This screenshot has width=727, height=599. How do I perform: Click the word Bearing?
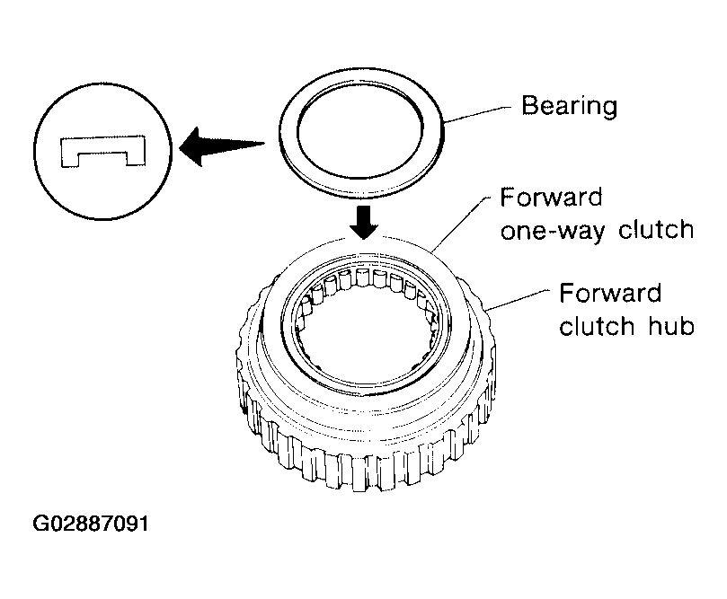pos(570,107)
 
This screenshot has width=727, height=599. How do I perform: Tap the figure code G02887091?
pos(91,524)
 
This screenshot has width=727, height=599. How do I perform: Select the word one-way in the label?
pos(552,230)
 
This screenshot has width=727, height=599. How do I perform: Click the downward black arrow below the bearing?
pos(364,223)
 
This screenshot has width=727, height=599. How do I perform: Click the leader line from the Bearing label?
pos(477,113)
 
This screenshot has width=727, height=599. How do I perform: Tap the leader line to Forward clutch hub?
pos(518,300)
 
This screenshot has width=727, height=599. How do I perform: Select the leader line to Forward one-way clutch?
pos(461,223)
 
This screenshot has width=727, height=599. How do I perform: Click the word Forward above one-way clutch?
pos(551,198)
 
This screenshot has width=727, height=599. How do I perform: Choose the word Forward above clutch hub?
pos(610,294)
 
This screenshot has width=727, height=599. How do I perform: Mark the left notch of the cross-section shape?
pos(68,160)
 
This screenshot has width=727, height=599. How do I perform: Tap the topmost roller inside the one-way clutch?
pos(363,277)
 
